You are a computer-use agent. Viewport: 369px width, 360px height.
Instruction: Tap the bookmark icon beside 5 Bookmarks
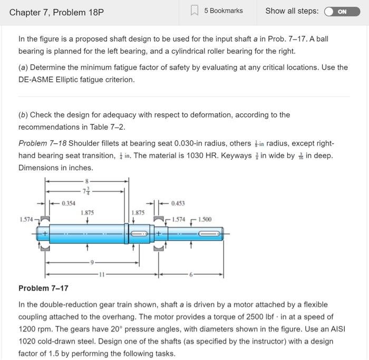coord(194,11)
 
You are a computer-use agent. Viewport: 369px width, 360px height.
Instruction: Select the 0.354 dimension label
coord(68,203)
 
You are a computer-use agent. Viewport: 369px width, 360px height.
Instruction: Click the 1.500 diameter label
coord(205,219)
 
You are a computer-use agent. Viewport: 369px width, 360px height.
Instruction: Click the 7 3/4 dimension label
coord(86,191)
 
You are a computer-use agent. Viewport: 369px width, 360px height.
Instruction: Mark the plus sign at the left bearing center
coord(45,232)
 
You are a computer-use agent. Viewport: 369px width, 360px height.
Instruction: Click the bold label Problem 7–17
coord(43,288)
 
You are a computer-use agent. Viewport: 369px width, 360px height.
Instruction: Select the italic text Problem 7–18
coord(42,143)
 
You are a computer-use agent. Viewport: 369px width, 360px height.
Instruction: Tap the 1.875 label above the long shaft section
coord(87,212)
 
